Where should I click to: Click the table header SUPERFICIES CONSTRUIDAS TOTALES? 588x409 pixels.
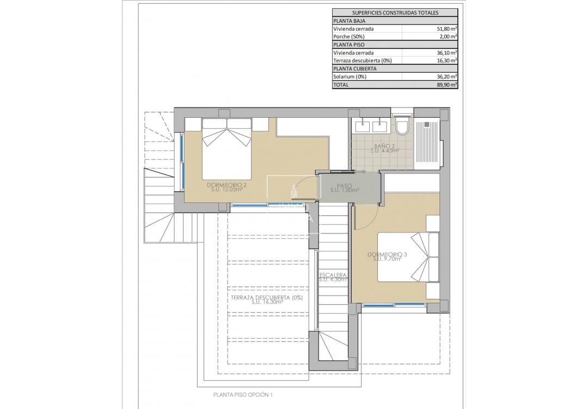(395, 13)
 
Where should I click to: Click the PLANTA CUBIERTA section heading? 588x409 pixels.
(354, 69)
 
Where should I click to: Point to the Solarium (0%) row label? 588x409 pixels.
(350, 77)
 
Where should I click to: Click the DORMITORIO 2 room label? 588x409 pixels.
(227, 185)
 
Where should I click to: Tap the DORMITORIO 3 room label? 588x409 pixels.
(387, 255)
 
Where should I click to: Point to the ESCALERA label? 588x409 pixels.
(333, 275)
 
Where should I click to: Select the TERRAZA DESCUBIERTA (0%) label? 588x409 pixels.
(266, 298)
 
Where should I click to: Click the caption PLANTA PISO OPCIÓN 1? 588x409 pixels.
(243, 394)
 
